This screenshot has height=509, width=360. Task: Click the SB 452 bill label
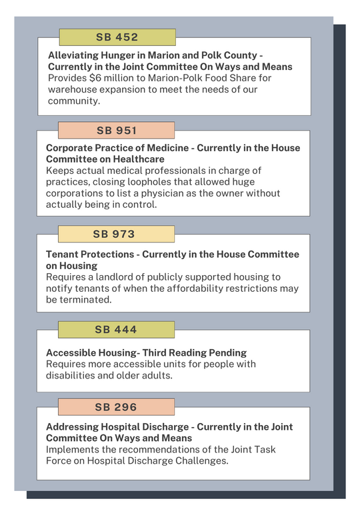[117, 37]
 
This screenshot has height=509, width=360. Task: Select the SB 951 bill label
[116, 130]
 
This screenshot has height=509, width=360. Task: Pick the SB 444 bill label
[115, 329]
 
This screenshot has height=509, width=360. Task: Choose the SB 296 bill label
[115, 406]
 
